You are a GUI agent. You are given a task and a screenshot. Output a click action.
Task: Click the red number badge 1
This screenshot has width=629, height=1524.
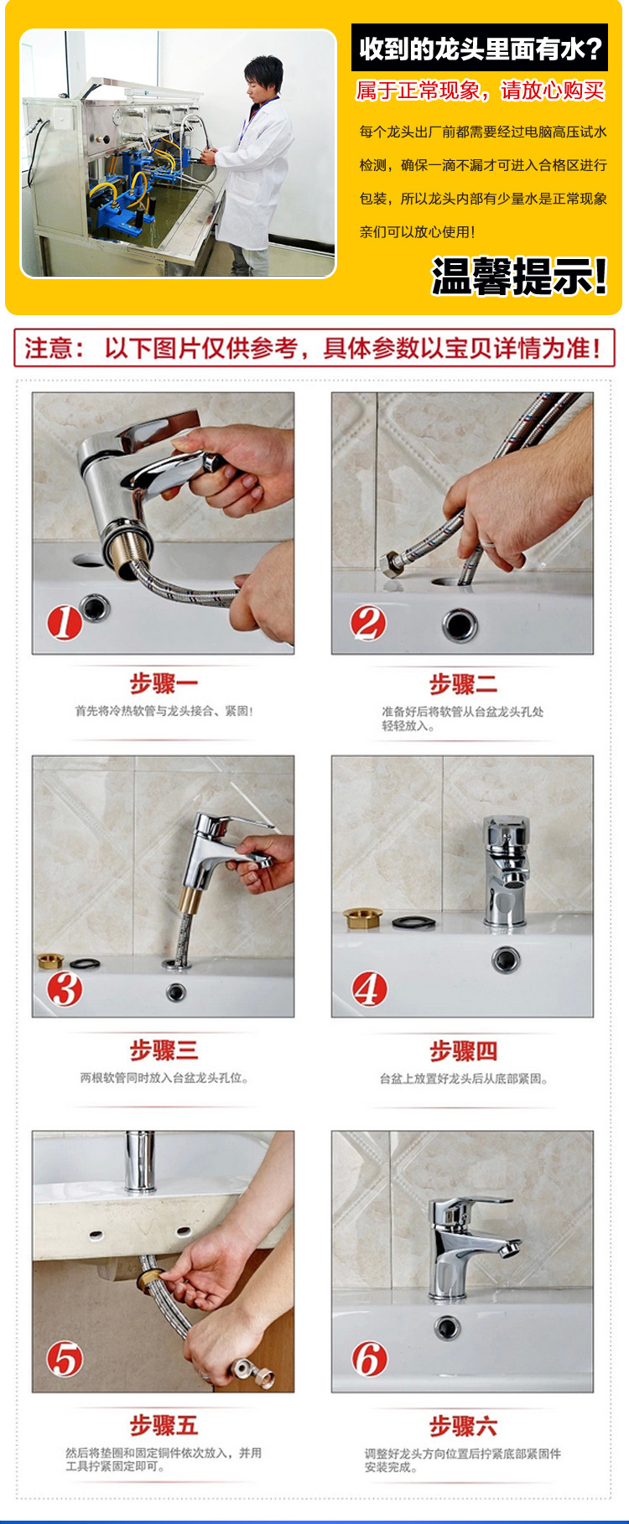coord(64,623)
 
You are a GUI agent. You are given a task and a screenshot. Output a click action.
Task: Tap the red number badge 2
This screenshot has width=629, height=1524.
coord(368,623)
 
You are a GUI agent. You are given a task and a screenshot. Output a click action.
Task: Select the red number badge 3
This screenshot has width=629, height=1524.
coord(65,989)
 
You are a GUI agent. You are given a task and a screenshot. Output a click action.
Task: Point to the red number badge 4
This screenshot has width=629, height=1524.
coord(369,989)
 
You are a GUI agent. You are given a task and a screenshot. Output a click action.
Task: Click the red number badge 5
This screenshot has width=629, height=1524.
coord(65,1359)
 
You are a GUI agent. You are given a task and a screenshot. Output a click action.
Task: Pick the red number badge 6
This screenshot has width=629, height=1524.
coord(369,1359)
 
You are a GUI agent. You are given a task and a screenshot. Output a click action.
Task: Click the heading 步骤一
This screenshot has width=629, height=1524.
coord(164,683)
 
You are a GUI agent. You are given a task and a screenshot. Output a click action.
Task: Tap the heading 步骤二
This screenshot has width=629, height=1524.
coord(464,683)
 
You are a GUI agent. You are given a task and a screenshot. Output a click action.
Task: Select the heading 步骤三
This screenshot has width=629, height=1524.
coord(164,1050)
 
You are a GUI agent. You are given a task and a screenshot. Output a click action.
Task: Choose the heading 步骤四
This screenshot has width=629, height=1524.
coord(464,1050)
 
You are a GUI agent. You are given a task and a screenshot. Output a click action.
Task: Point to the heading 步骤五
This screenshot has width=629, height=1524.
coord(164,1425)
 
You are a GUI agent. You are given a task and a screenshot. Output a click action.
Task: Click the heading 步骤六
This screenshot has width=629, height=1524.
coord(464,1426)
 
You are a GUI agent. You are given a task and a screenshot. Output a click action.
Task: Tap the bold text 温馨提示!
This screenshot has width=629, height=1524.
coord(519,277)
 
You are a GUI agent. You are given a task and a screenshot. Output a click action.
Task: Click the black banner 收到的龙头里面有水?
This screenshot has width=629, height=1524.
coord(480,48)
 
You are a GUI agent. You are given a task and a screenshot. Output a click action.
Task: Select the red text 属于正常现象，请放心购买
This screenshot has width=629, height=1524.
coord(481,91)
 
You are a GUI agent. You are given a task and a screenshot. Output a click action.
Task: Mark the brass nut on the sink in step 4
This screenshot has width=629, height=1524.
coord(363,917)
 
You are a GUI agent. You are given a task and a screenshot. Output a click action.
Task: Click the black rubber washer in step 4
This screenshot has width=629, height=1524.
coord(414,921)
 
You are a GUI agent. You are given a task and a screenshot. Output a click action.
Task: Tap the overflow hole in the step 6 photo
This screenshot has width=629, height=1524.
coord(447,1326)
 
